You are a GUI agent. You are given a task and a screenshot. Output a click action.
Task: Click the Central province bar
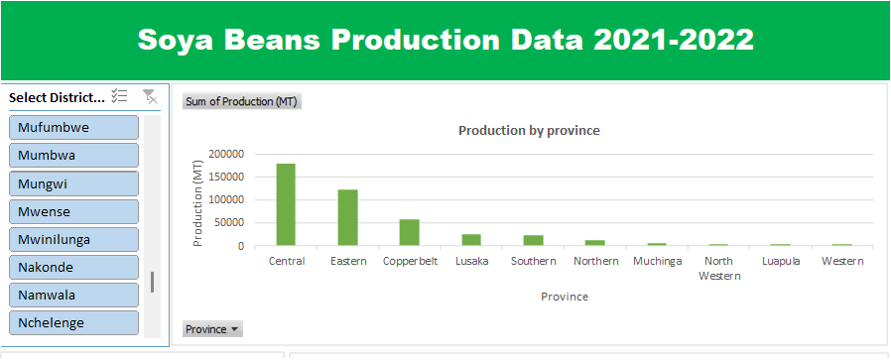tap(286, 204)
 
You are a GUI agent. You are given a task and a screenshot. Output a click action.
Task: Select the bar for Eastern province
tap(347, 217)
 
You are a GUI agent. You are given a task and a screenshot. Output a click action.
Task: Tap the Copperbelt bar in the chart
tap(409, 232)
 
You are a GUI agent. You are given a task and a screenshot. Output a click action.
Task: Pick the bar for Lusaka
tap(471, 240)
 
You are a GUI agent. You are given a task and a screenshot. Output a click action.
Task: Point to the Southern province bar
tap(533, 240)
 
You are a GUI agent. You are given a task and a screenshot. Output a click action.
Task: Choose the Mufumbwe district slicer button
tap(73, 127)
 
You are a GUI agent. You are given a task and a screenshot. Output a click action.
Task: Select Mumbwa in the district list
tap(73, 155)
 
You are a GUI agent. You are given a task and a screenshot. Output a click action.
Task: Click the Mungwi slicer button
tap(73, 183)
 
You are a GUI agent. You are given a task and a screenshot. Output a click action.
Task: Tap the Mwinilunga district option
tap(73, 239)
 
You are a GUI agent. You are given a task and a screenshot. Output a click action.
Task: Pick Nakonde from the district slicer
tap(73, 267)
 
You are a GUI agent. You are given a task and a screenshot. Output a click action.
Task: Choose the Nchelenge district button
tap(73, 322)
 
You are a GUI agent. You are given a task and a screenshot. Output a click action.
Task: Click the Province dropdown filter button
tap(212, 329)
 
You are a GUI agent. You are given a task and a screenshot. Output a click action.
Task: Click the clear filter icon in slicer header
tap(150, 96)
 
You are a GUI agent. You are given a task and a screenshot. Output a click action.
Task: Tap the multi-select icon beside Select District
tap(119, 96)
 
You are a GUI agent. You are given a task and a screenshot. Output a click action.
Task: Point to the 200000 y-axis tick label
tap(226, 154)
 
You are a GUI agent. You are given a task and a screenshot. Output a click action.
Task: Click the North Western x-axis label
tap(718, 269)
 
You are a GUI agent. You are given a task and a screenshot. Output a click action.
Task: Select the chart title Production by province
tap(529, 131)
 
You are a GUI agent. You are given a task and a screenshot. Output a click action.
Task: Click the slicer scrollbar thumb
tap(152, 283)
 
